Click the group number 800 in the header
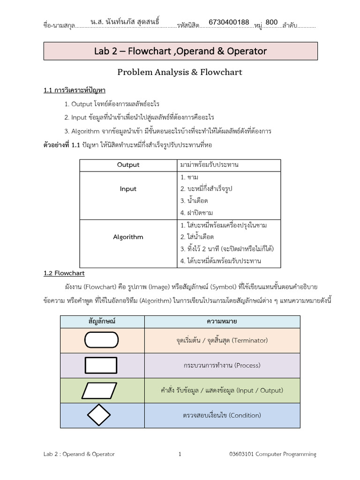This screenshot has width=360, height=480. [272, 22]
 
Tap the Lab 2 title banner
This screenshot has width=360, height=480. [180, 51]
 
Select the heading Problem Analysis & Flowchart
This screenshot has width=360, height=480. [180, 72]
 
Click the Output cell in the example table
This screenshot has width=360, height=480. [128, 165]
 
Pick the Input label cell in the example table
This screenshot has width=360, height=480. [128, 189]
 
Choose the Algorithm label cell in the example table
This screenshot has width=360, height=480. [128, 237]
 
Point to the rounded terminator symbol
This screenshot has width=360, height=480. [101, 340]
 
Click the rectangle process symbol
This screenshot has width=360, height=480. [101, 365]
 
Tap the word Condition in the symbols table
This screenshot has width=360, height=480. [246, 415]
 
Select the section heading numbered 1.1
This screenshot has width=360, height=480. [77, 90]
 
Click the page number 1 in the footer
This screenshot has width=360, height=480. [180, 454]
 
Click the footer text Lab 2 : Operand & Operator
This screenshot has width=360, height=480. [79, 454]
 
